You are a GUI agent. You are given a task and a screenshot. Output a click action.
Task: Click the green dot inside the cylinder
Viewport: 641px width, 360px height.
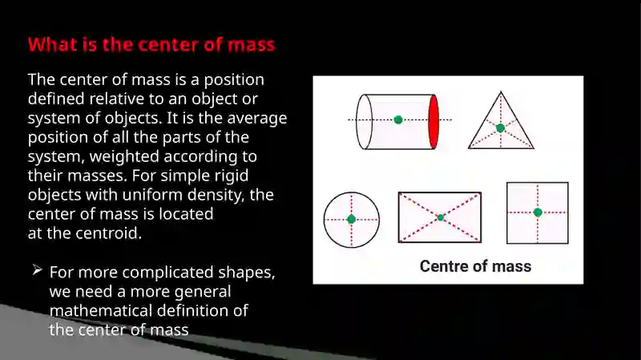point(398,119)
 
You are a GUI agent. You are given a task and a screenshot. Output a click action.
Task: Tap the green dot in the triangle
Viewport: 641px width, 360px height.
point(500,128)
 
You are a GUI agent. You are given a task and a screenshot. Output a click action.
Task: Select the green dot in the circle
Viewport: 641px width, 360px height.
point(351,219)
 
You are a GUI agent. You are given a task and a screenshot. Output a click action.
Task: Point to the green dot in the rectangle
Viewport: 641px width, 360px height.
point(440,217)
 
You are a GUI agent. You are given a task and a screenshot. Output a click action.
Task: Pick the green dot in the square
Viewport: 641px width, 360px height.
point(538,212)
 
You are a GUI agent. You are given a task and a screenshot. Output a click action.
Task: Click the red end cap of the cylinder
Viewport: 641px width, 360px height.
point(433,122)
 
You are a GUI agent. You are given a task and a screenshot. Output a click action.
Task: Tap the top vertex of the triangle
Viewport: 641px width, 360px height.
point(502,91)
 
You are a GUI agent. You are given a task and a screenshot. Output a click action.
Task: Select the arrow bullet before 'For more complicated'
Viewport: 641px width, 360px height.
point(37,269)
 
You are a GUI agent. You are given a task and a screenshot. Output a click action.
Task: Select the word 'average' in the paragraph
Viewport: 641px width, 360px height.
point(257,118)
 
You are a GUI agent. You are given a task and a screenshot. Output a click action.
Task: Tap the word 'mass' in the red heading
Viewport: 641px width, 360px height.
point(251,45)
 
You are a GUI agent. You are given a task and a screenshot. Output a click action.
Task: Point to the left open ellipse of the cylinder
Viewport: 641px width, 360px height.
point(365,122)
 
